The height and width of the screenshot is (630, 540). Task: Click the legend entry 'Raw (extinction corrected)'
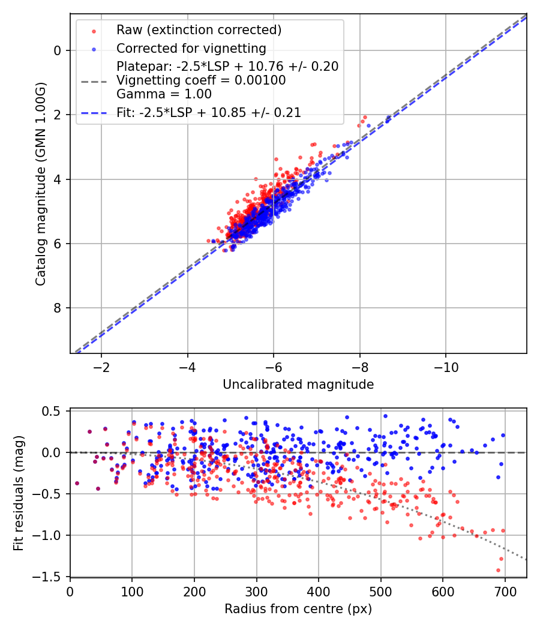coord(199,30)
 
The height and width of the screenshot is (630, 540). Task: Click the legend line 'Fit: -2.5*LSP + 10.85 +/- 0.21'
coord(208,112)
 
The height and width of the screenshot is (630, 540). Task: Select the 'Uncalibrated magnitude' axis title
coord(298,385)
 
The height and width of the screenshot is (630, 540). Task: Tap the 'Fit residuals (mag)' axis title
coord(19,494)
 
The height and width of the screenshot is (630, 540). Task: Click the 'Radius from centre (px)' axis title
coord(298,609)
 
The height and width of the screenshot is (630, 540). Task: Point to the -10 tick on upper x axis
coord(446,367)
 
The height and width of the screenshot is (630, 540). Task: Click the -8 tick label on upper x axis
coord(360,367)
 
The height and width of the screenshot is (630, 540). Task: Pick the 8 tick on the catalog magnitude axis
coord(58,308)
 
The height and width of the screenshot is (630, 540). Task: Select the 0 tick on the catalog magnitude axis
coord(58,50)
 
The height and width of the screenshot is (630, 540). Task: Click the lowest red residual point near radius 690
coord(498,570)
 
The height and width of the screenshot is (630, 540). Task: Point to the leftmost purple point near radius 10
coord(77,483)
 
